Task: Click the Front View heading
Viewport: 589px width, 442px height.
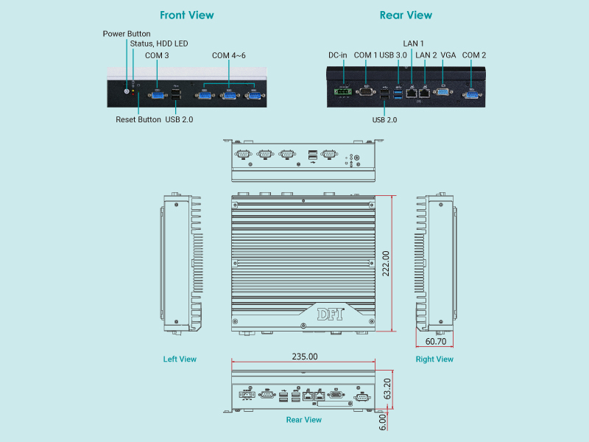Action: (x=187, y=15)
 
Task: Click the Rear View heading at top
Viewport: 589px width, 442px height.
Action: (x=406, y=15)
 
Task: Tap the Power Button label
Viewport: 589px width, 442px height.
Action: (x=127, y=34)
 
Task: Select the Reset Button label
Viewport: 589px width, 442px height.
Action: (x=138, y=119)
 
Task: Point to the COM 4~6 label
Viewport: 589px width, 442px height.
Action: (x=228, y=55)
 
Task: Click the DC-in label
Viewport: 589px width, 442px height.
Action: (x=337, y=55)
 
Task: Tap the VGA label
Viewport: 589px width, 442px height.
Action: (x=448, y=55)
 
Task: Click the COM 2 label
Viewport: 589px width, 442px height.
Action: (x=474, y=55)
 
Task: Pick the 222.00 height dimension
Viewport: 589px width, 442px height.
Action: (x=386, y=264)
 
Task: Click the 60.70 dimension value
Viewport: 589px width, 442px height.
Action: (x=436, y=342)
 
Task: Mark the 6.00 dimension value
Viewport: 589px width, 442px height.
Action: (x=382, y=421)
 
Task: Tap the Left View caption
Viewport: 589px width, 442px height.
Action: (x=180, y=359)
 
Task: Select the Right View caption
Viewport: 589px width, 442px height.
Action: (x=434, y=359)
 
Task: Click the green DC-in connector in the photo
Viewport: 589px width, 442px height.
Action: (x=341, y=93)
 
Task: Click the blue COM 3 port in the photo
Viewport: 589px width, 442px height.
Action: (x=158, y=94)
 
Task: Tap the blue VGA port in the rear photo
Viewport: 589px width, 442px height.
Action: (x=442, y=92)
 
